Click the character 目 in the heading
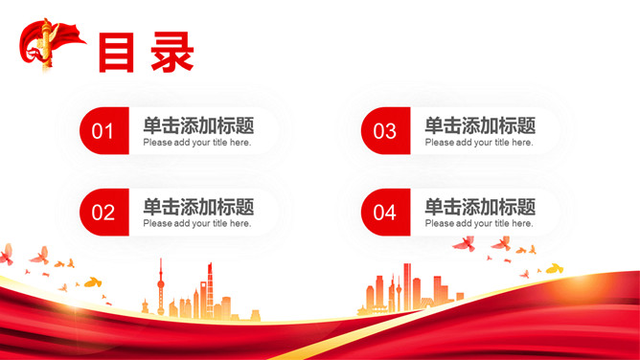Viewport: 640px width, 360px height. tap(117, 53)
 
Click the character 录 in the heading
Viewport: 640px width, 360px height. tap(172, 53)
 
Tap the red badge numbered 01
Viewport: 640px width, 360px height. tap(103, 131)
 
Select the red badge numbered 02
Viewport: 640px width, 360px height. tap(103, 213)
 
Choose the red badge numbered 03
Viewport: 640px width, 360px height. tap(384, 131)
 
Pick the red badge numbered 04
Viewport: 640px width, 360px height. tap(384, 213)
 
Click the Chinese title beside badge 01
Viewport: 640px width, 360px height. tap(198, 124)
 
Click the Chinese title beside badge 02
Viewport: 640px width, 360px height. tap(198, 206)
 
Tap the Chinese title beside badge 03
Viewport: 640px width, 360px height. tap(480, 124)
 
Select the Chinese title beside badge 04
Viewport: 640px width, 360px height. tap(480, 206)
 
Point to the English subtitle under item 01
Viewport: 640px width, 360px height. tap(197, 143)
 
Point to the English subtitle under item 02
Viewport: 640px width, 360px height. tap(197, 224)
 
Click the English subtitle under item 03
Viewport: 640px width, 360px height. tap(479, 143)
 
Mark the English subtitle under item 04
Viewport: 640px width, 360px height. tap(479, 224)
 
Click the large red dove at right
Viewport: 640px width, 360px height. tap(464, 243)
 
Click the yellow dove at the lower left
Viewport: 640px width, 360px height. tap(92, 282)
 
